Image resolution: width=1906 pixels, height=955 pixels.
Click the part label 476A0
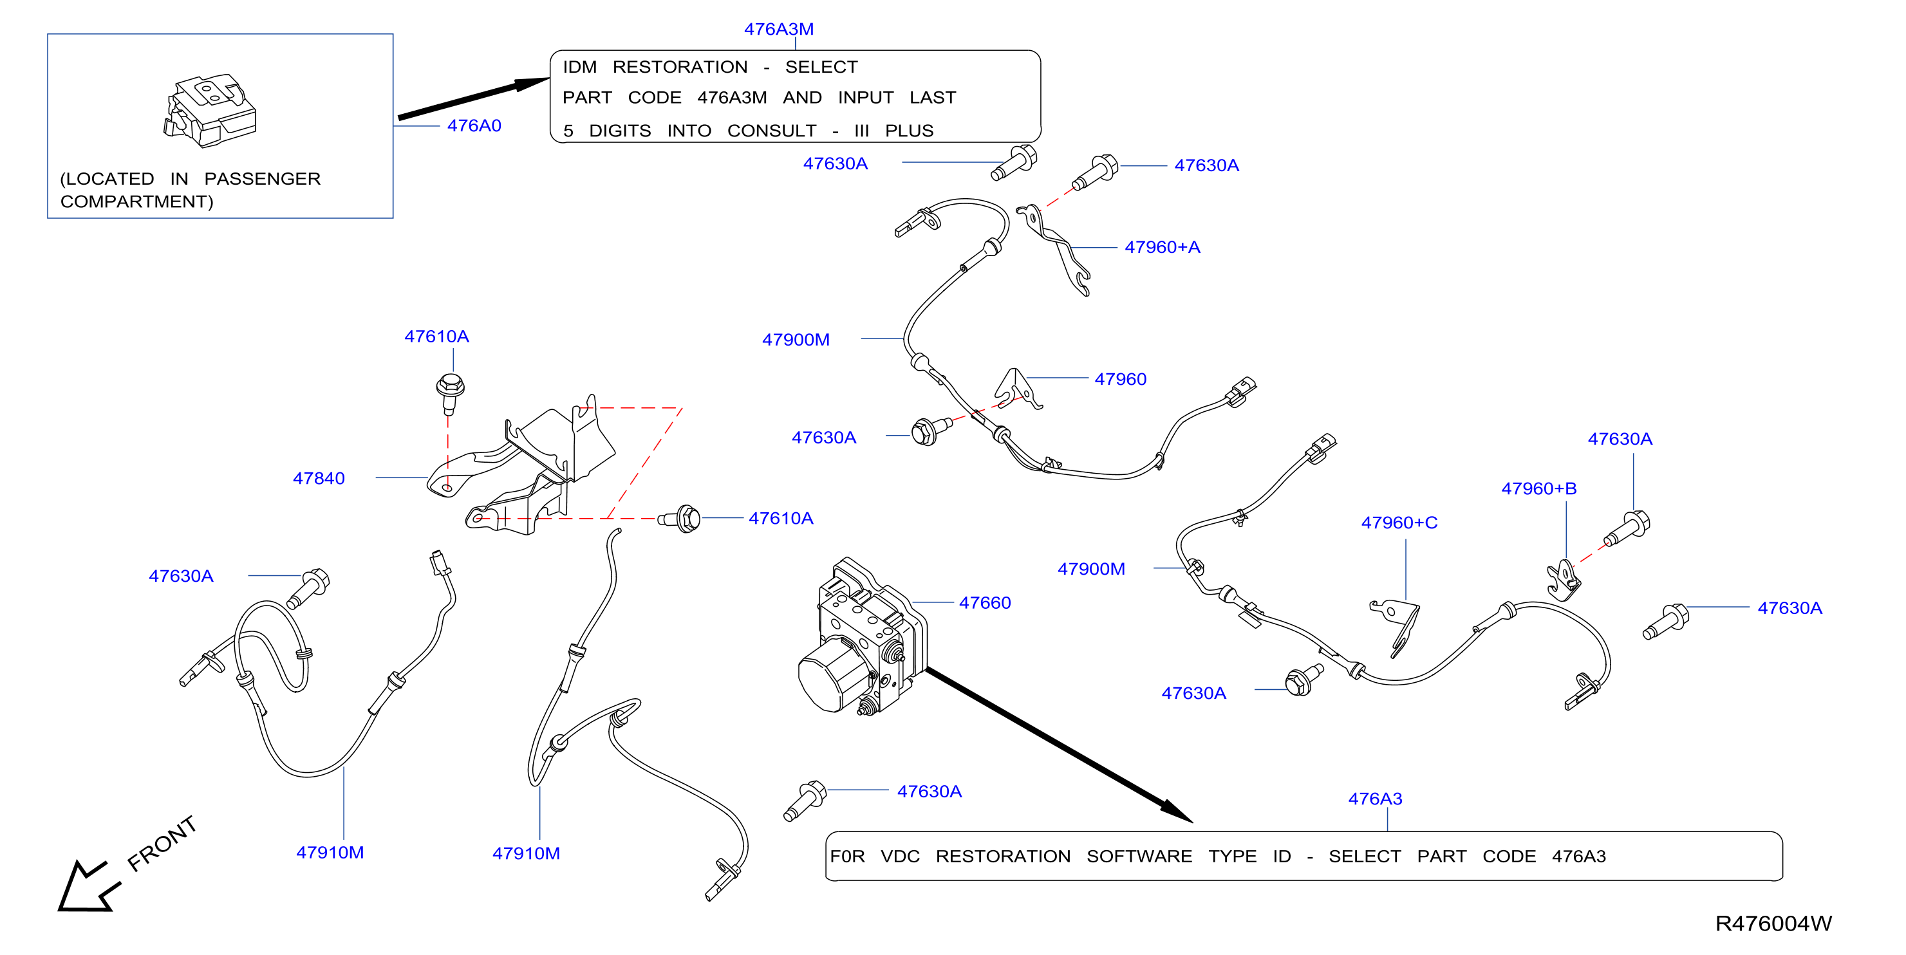click(474, 125)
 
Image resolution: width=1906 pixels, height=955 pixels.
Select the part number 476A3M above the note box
click(778, 30)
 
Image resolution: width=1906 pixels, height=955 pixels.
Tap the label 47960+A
click(1163, 247)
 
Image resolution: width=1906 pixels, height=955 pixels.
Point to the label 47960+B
click(1539, 488)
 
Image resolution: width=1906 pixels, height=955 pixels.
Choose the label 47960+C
click(1399, 523)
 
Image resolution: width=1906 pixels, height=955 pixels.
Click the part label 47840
click(319, 479)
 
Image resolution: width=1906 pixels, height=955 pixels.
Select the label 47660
click(985, 603)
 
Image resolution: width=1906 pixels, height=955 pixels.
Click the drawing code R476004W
click(1773, 923)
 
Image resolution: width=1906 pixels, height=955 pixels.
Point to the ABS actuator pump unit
click(862, 638)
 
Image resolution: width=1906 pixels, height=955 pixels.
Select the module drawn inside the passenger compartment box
click(210, 110)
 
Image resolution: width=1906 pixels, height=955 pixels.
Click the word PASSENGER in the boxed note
click(262, 179)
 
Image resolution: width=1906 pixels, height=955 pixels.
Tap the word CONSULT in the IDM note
click(772, 131)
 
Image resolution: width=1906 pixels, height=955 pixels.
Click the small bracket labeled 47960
click(1016, 389)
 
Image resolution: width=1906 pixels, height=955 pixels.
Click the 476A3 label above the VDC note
click(1375, 799)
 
